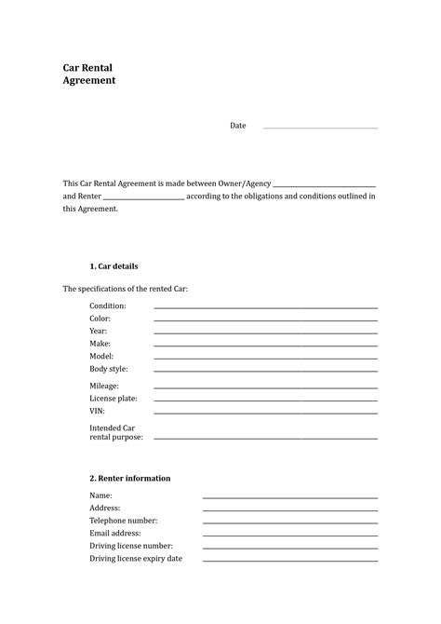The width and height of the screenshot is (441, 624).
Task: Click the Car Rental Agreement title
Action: pos(89,75)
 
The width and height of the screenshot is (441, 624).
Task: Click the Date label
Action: pos(238,126)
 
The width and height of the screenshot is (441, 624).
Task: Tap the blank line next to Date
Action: pos(320,128)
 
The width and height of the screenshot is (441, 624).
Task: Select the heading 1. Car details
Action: pos(114,266)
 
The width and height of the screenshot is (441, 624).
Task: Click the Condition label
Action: pos(107,305)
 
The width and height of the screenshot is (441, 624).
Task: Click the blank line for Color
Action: pos(265,320)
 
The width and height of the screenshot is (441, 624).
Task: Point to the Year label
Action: pos(99,331)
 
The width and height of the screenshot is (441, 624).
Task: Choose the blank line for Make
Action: pos(265,346)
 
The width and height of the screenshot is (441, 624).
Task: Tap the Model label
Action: pos(101,356)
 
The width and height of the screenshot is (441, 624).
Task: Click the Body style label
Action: pos(109,369)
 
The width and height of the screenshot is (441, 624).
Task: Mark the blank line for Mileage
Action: pos(265,387)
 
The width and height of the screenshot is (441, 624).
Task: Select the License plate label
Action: pos(114,398)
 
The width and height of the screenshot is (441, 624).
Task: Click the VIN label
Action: pos(97,411)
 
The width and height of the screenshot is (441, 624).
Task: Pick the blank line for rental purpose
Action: pos(265,438)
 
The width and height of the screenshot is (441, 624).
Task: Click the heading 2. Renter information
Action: pos(130,478)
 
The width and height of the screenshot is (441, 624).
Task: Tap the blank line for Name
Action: pos(290,497)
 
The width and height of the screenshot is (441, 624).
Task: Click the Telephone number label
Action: pos(124,521)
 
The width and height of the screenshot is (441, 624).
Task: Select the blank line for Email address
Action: pos(290,536)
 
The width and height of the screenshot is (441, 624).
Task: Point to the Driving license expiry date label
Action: pos(136,558)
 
